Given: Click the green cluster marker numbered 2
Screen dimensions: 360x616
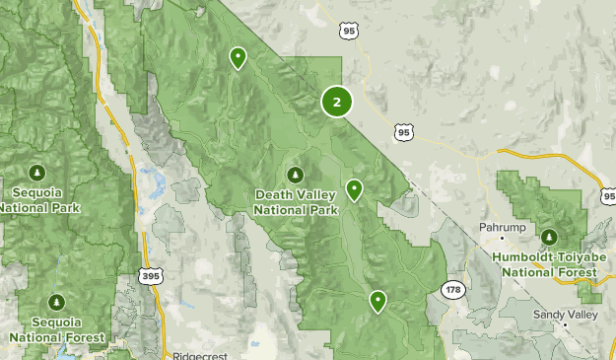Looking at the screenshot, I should [x=337, y=101].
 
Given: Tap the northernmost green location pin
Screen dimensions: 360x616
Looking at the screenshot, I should [x=238, y=58].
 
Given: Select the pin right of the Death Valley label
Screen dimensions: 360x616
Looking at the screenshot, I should [x=354, y=189].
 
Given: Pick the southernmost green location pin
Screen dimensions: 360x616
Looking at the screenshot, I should [x=377, y=301].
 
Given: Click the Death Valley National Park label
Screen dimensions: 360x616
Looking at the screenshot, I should [x=296, y=201].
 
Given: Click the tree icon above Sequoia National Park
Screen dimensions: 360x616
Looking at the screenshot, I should [x=37, y=174].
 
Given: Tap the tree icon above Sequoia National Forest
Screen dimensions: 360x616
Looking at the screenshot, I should [x=56, y=301].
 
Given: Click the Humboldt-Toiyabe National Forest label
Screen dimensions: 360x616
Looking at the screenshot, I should [x=548, y=264].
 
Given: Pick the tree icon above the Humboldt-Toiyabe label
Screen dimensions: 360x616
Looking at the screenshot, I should [x=549, y=237].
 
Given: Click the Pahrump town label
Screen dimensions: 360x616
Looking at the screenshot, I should [x=499, y=226].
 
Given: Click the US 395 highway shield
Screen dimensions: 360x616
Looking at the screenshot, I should [x=150, y=277].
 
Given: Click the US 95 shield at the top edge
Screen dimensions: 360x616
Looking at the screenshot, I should [x=349, y=32].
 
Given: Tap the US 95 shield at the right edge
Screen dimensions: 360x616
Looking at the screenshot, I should [x=607, y=196].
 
